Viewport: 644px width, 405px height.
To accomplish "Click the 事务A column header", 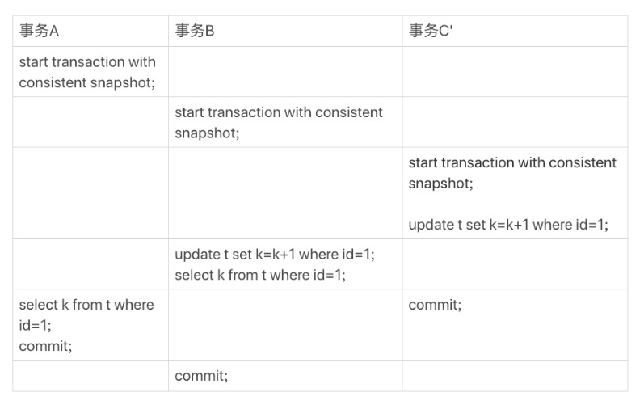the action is pyautogui.click(x=39, y=31).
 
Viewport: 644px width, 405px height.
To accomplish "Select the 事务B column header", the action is pyautogui.click(x=195, y=31).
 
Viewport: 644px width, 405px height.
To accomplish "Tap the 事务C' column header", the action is pyautogui.click(x=431, y=31).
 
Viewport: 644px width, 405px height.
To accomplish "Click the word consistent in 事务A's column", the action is pyautogui.click(x=53, y=82).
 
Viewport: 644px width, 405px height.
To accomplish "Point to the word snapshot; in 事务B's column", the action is pyautogui.click(x=207, y=133).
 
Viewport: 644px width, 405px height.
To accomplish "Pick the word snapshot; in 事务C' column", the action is pyautogui.click(x=440, y=184).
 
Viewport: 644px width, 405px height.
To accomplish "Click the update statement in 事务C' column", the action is pyautogui.click(x=508, y=225).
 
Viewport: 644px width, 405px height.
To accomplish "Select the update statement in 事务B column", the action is pyautogui.click(x=275, y=255).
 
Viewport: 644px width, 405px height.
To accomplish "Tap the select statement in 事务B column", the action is pyautogui.click(x=260, y=275).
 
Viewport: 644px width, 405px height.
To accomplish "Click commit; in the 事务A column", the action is pyautogui.click(x=45, y=346).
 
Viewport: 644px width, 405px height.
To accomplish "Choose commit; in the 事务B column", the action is pyautogui.click(x=201, y=376).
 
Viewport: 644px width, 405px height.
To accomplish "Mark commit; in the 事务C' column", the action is pyautogui.click(x=435, y=305).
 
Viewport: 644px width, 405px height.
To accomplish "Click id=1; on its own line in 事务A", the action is pyautogui.click(x=36, y=325).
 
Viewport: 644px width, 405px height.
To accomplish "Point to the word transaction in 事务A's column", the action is pyautogui.click(x=88, y=62).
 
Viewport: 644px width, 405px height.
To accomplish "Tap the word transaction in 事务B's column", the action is pyautogui.click(x=244, y=112).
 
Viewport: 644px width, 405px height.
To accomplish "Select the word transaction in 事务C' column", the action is pyautogui.click(x=478, y=162).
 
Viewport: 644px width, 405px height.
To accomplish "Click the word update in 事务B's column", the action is pyautogui.click(x=197, y=255).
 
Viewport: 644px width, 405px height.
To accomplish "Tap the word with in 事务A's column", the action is pyautogui.click(x=142, y=62).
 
